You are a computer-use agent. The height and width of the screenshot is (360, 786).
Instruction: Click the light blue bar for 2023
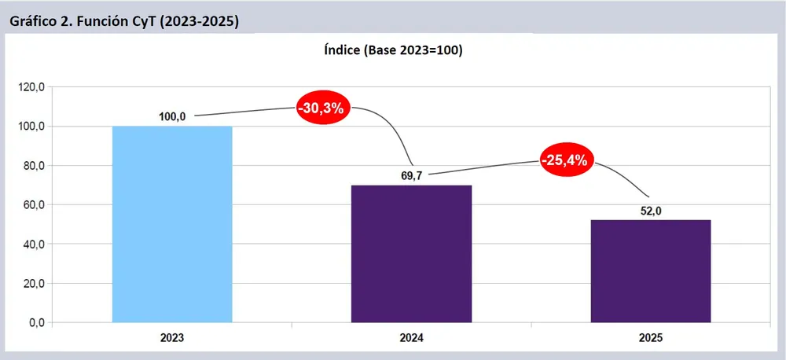172,224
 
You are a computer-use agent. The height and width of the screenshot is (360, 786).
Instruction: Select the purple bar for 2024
411,253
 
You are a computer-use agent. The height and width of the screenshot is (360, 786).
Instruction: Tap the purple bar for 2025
651,270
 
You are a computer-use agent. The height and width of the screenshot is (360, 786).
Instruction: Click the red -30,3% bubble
323,108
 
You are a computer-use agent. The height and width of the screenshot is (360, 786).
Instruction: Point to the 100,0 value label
172,116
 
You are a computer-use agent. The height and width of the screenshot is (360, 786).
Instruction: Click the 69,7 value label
411,175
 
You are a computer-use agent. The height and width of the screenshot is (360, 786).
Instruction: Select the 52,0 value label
651,210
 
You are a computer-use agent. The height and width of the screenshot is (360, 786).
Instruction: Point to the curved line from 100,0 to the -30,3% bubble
244,111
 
